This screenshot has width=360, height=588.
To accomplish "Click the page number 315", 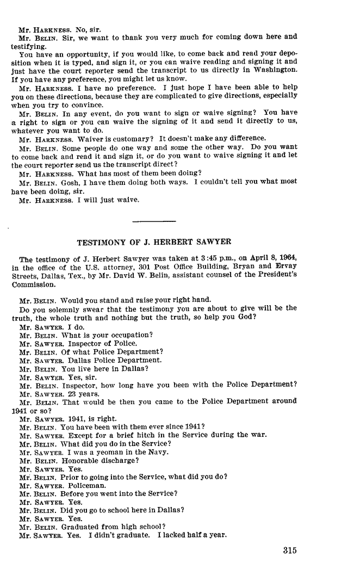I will tap(289, 550).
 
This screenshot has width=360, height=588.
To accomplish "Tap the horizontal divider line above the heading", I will tap(154, 221).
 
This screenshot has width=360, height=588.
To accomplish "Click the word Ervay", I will tap(285, 267).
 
